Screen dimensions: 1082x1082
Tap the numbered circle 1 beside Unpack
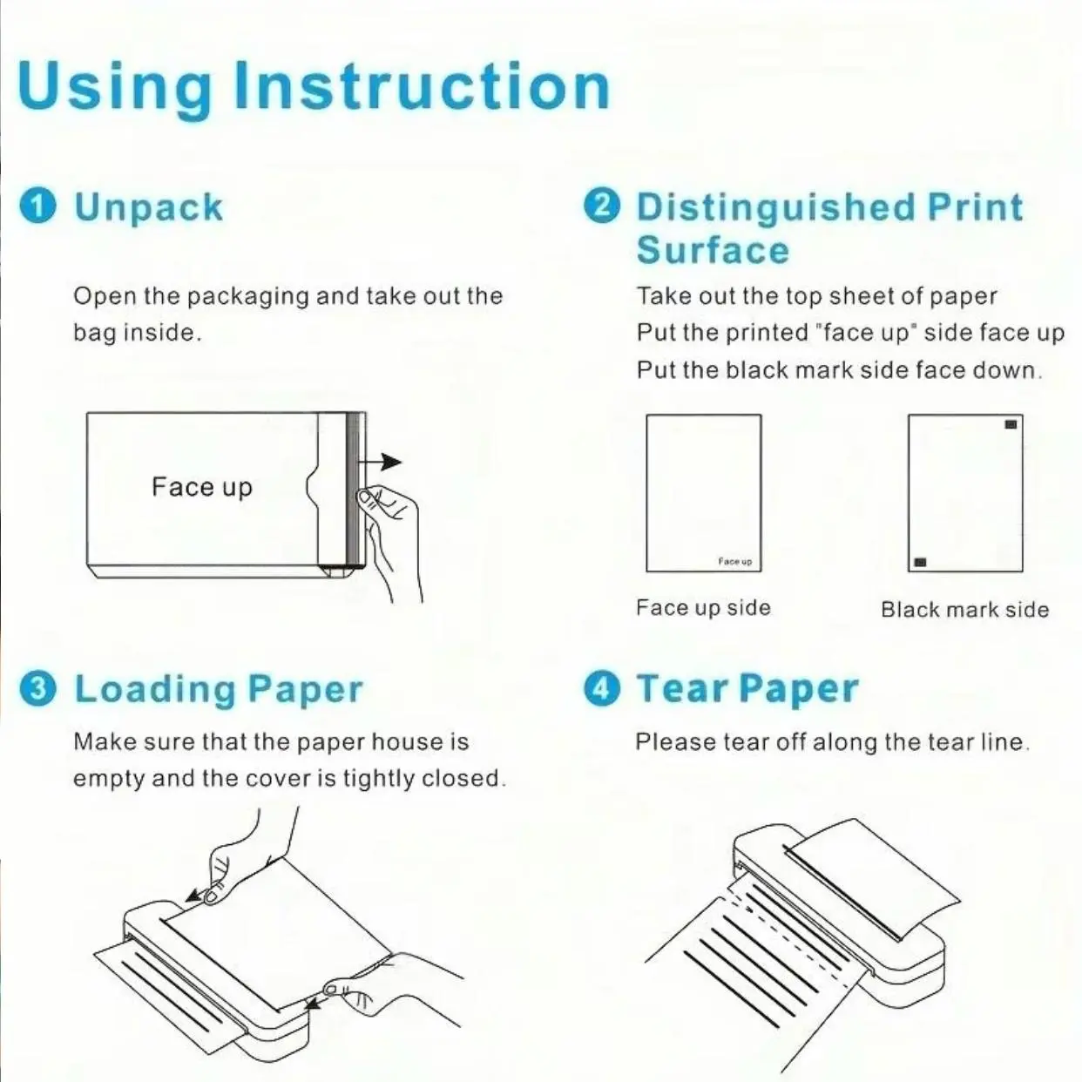(x=37, y=206)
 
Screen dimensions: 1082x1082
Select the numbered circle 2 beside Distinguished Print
(x=602, y=206)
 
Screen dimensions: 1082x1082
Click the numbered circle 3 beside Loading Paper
(x=37, y=688)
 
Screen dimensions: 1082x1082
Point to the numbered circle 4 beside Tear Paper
(x=602, y=688)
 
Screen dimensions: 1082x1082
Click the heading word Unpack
(x=149, y=208)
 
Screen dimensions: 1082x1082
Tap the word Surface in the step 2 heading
(x=713, y=250)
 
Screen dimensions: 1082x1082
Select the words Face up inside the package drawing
(x=202, y=487)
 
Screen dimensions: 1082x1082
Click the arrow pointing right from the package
(x=380, y=462)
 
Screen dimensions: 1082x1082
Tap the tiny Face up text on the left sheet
(x=735, y=561)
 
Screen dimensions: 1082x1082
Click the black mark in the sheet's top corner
(x=1011, y=424)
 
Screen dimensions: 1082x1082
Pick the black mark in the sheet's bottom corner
(x=920, y=562)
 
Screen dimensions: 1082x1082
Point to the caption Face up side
(x=704, y=608)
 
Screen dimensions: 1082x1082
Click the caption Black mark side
(x=965, y=610)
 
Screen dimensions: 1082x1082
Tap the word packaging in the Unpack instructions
(x=247, y=297)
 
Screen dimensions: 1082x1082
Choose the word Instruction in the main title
(x=422, y=87)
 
